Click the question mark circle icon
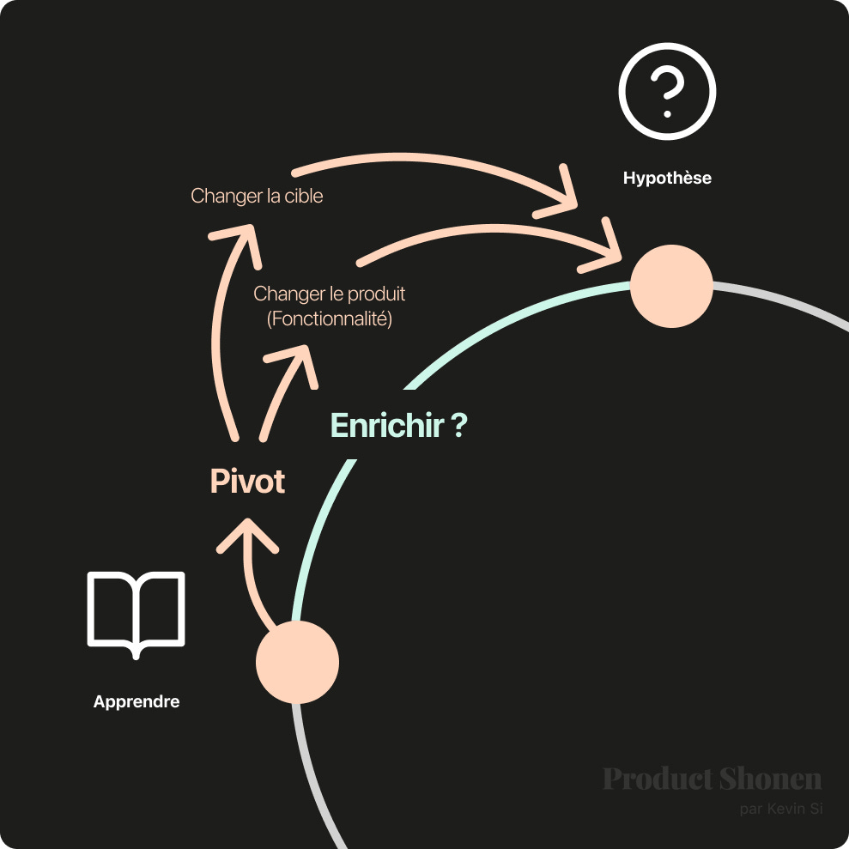click(667, 91)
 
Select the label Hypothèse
click(667, 179)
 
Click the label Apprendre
click(136, 701)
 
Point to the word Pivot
click(247, 482)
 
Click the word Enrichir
click(386, 425)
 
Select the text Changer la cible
click(257, 196)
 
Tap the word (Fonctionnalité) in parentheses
click(329, 319)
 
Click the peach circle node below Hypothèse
click(671, 287)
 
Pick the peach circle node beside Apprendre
click(298, 663)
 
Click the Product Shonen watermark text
click(712, 779)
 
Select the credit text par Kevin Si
click(780, 809)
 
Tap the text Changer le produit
click(329, 294)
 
